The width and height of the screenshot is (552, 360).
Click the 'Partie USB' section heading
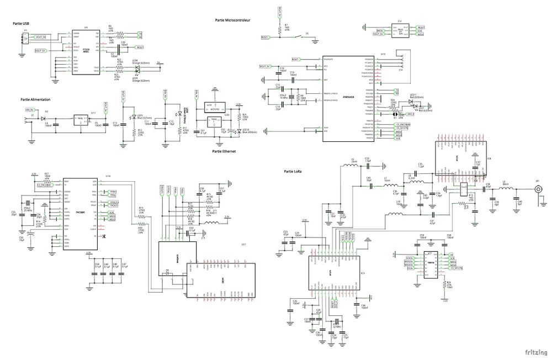tap(22, 23)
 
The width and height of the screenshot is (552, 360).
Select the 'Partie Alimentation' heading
tap(35, 99)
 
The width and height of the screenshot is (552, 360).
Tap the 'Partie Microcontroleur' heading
tap(232, 20)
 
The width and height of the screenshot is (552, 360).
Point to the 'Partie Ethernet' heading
tap(225, 151)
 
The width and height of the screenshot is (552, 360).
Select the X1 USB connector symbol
tap(24, 38)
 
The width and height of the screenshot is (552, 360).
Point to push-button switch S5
tap(307, 37)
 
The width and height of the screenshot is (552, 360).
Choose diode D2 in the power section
tap(46, 118)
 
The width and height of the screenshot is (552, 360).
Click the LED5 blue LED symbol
tap(133, 118)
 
